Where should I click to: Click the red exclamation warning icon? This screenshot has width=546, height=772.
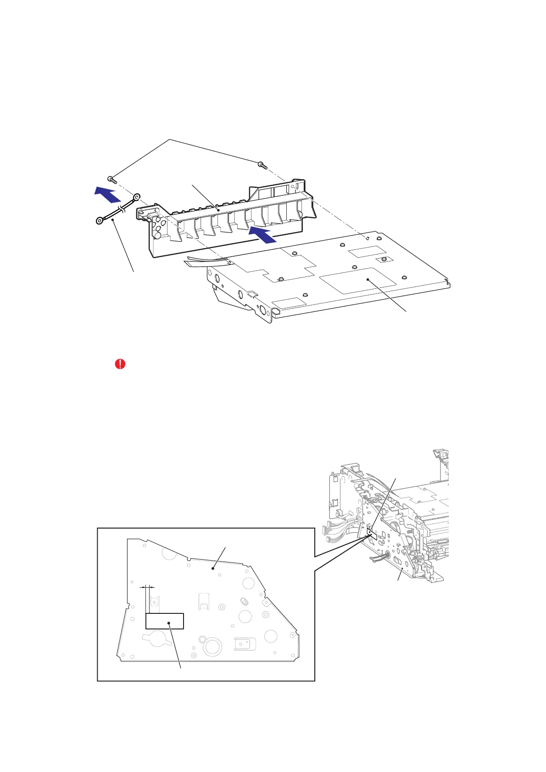[x=120, y=364]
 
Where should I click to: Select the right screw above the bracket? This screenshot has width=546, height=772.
[x=262, y=164]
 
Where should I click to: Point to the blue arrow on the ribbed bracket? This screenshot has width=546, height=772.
[x=262, y=234]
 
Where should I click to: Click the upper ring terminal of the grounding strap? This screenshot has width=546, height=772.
[x=136, y=198]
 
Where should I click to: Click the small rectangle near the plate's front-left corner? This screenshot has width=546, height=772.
[x=289, y=303]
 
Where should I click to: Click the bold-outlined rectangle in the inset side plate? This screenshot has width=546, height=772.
[x=165, y=621]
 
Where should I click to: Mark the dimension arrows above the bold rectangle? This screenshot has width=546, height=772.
[x=147, y=586]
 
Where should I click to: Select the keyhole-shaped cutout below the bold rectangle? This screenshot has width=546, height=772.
[x=155, y=639]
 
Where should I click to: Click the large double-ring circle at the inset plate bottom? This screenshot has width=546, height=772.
[x=212, y=646]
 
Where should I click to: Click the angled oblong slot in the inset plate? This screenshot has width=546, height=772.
[x=242, y=601]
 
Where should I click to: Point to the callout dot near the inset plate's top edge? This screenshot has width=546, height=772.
[x=213, y=569]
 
